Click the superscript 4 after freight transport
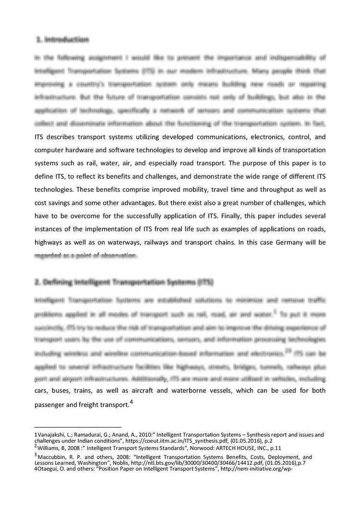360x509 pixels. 131,402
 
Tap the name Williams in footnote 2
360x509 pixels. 50,448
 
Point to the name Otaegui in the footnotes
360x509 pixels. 49,470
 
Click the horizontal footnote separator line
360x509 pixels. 78,427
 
